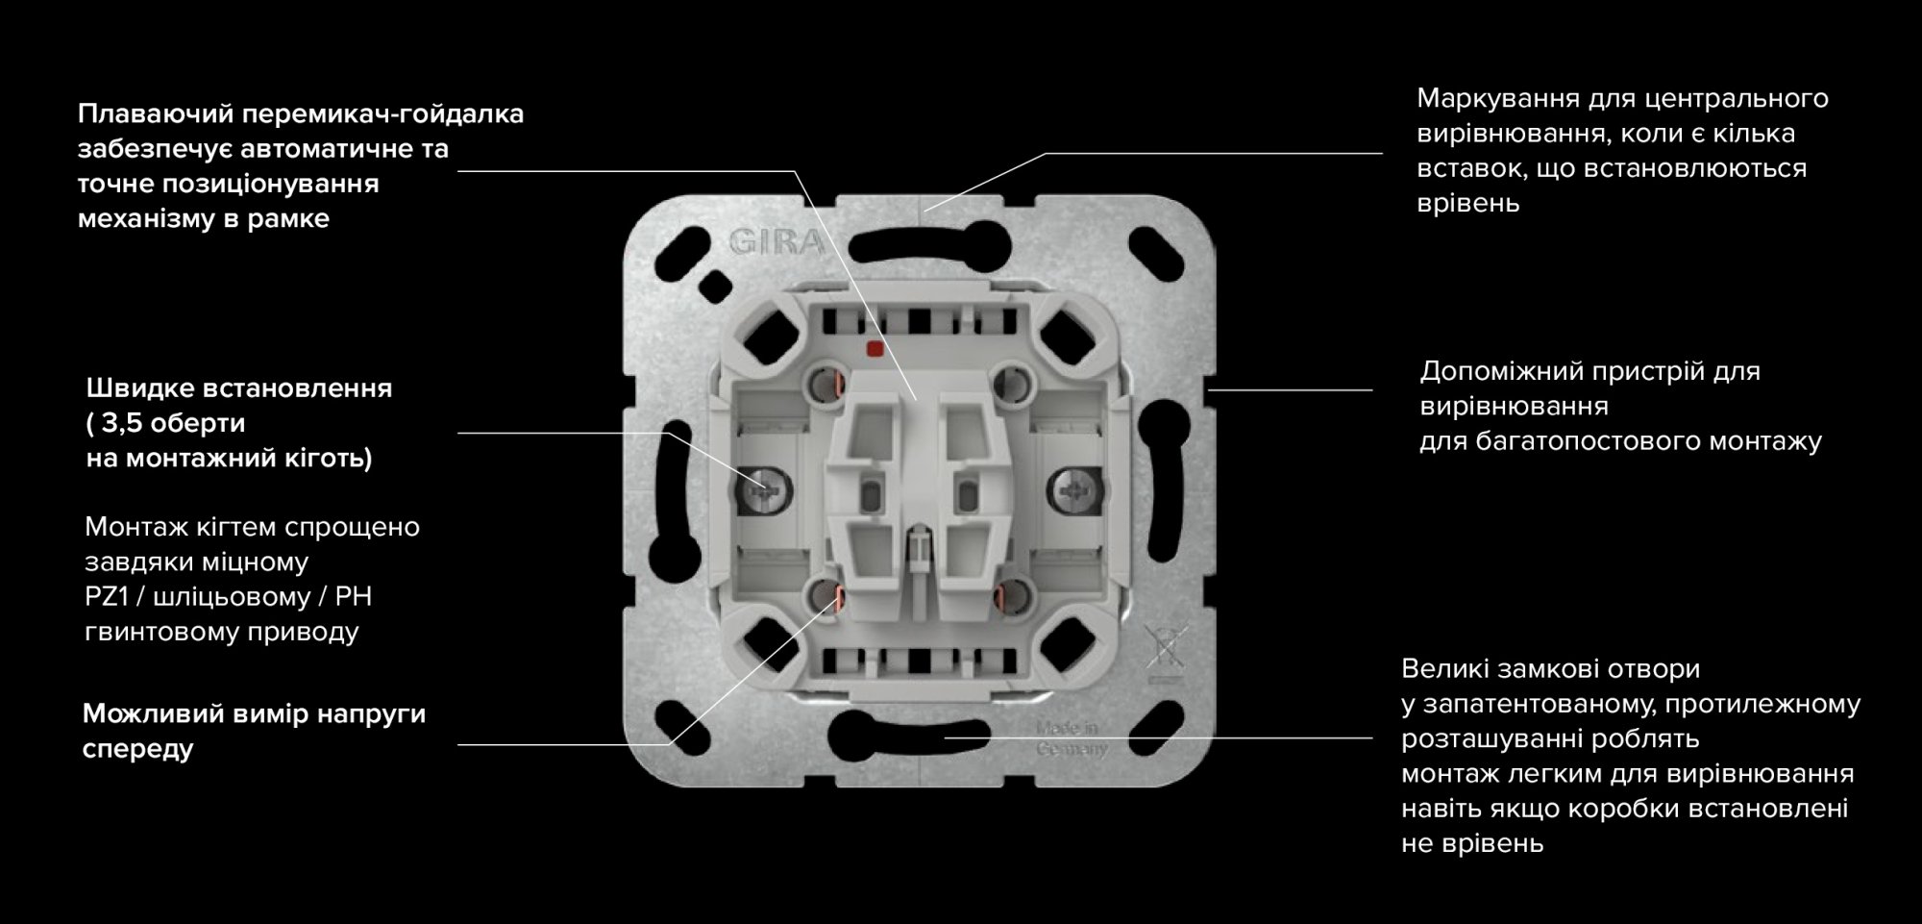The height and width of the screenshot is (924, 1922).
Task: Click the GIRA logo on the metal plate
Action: tap(776, 241)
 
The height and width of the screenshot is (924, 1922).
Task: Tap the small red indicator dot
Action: tap(875, 349)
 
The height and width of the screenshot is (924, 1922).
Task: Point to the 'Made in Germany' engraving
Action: tap(1071, 738)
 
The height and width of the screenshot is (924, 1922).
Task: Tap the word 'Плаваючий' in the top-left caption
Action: tap(156, 114)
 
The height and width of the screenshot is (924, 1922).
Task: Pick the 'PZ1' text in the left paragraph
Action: tap(107, 596)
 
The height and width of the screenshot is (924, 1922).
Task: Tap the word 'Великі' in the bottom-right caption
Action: tap(1443, 668)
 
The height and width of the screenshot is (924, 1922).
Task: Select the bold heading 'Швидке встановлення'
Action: tap(239, 388)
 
